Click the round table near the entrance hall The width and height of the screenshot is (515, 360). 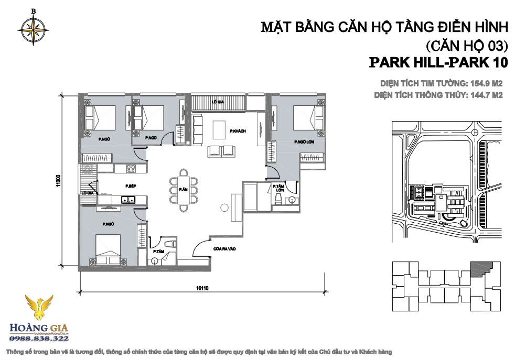click(x=224, y=208)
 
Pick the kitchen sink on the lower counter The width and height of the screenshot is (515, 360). click(x=126, y=199)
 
